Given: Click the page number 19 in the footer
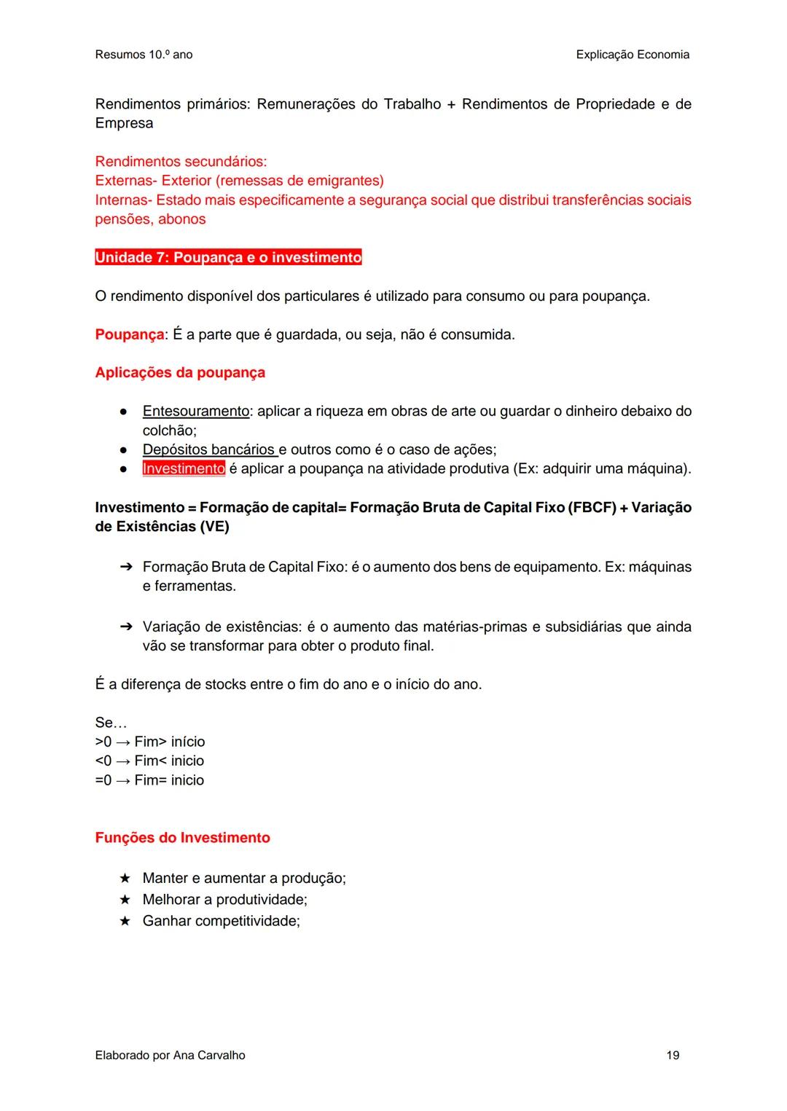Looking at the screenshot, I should (x=673, y=1055).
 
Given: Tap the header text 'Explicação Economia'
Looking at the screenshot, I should (x=632, y=55).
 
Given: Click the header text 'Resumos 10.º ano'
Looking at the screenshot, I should (x=144, y=55).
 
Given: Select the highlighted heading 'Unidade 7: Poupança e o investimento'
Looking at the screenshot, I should (x=228, y=258).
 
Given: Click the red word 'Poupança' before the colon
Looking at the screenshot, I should (x=130, y=334).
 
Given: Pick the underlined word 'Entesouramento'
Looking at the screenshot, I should (x=196, y=411).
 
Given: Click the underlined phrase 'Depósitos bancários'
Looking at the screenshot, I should (x=208, y=449).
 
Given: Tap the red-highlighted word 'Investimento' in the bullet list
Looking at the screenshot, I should (x=184, y=468).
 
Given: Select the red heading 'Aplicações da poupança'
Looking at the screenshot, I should (x=180, y=372).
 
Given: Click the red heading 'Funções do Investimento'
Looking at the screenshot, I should (x=182, y=838).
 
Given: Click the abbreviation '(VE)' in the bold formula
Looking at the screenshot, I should (x=214, y=526).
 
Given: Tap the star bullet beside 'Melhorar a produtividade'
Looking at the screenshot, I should (x=125, y=900).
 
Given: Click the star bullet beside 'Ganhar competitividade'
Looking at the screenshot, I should (x=125, y=921).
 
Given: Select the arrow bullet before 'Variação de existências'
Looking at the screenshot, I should (x=125, y=627).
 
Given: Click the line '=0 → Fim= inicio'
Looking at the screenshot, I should (x=149, y=780).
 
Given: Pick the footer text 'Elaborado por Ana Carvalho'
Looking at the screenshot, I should (x=170, y=1055).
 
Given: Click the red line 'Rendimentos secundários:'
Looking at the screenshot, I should (x=181, y=161).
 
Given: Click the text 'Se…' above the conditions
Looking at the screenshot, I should (x=111, y=723).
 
